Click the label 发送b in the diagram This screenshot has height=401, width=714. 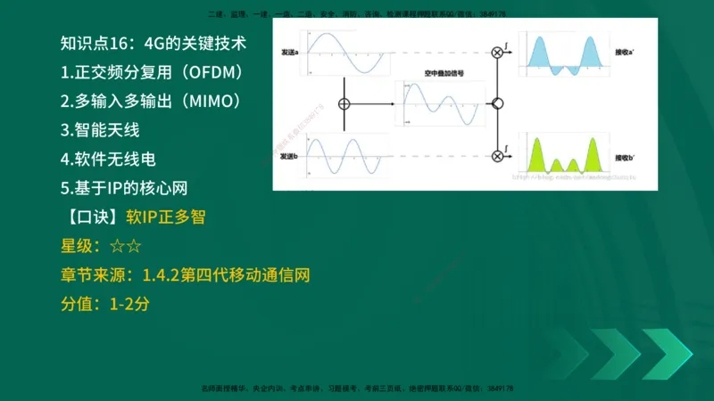(288, 157)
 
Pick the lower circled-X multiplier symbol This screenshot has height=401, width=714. (497, 157)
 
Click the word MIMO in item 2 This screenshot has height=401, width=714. (207, 101)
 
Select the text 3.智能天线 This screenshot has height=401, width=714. (100, 130)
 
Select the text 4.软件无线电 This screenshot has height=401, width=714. (108, 160)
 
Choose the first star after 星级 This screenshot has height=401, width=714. (116, 247)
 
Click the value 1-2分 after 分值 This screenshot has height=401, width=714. (129, 305)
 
